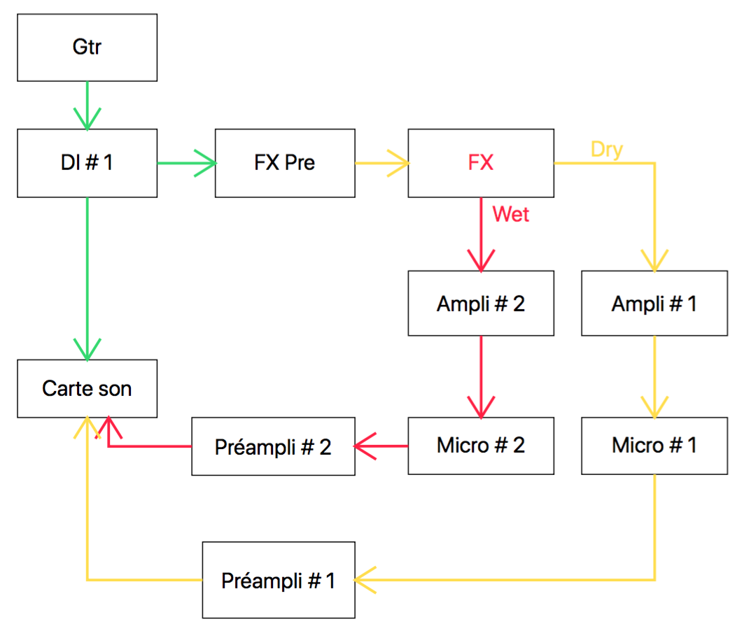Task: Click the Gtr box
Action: pos(87,47)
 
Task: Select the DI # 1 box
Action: pos(87,163)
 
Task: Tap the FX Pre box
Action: pos(284,163)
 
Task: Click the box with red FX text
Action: pos(481,163)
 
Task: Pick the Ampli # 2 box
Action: pos(481,304)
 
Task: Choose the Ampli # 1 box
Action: pos(654,304)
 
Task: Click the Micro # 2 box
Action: pos(481,446)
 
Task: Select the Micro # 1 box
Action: pos(654,446)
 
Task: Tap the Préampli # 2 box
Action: pos(273,447)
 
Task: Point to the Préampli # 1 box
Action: pos(279,580)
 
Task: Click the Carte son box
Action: pos(87,388)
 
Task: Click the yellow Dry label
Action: pos(607,150)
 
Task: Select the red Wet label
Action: pos(511,214)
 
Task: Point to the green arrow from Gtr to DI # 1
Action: pos(87,105)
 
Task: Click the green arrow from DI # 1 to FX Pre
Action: pos(186,164)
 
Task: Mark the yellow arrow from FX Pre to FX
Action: pos(381,164)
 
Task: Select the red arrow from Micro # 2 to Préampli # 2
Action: pos(381,446)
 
